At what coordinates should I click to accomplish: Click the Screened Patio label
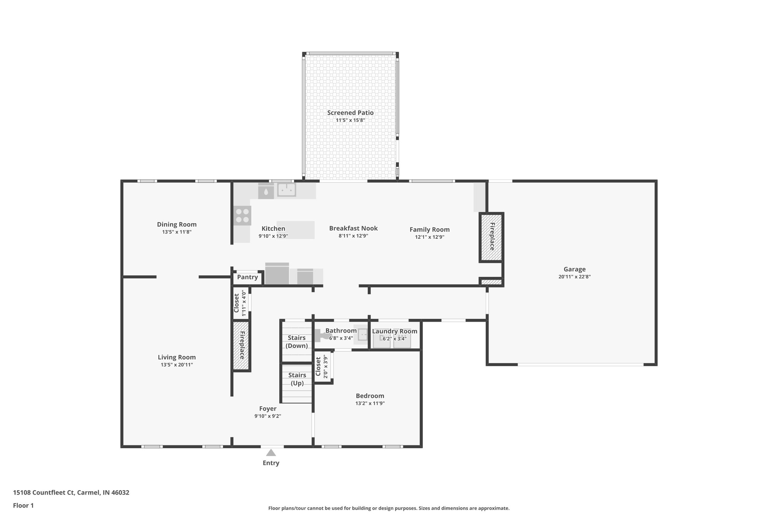coord(350,113)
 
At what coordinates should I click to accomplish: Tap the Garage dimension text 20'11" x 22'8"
coord(574,277)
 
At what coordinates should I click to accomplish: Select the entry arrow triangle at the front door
coord(271,453)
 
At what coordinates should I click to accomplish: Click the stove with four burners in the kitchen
coord(242,216)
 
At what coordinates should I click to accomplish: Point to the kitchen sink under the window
coord(286,189)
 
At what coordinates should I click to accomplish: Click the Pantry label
coord(247,277)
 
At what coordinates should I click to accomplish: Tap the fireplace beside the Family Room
coord(491,237)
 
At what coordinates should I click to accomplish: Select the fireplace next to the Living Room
coord(241,345)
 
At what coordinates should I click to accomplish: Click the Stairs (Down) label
coord(297,341)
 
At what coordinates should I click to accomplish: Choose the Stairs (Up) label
coord(297,379)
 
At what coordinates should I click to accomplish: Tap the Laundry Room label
coord(394,331)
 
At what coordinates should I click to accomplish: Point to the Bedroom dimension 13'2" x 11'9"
coord(370,403)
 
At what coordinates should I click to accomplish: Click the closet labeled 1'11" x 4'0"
coord(240,303)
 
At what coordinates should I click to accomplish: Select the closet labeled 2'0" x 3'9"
coord(322,367)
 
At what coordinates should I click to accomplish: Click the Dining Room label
coord(177,224)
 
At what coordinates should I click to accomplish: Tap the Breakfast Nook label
coord(353,228)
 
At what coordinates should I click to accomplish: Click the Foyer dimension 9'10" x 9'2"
coord(267,416)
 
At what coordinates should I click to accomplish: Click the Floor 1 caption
coord(23,505)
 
